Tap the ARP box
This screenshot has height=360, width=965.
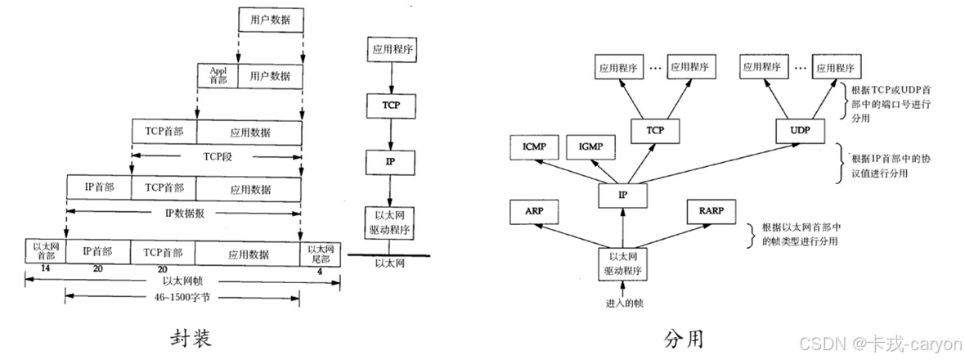point(535,210)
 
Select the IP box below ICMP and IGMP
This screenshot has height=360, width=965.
point(624,194)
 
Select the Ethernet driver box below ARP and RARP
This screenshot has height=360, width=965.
point(624,259)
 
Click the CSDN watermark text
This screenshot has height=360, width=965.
point(878,343)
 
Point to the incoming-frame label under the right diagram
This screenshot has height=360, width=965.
point(624,302)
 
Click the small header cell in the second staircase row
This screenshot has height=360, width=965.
point(215,76)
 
